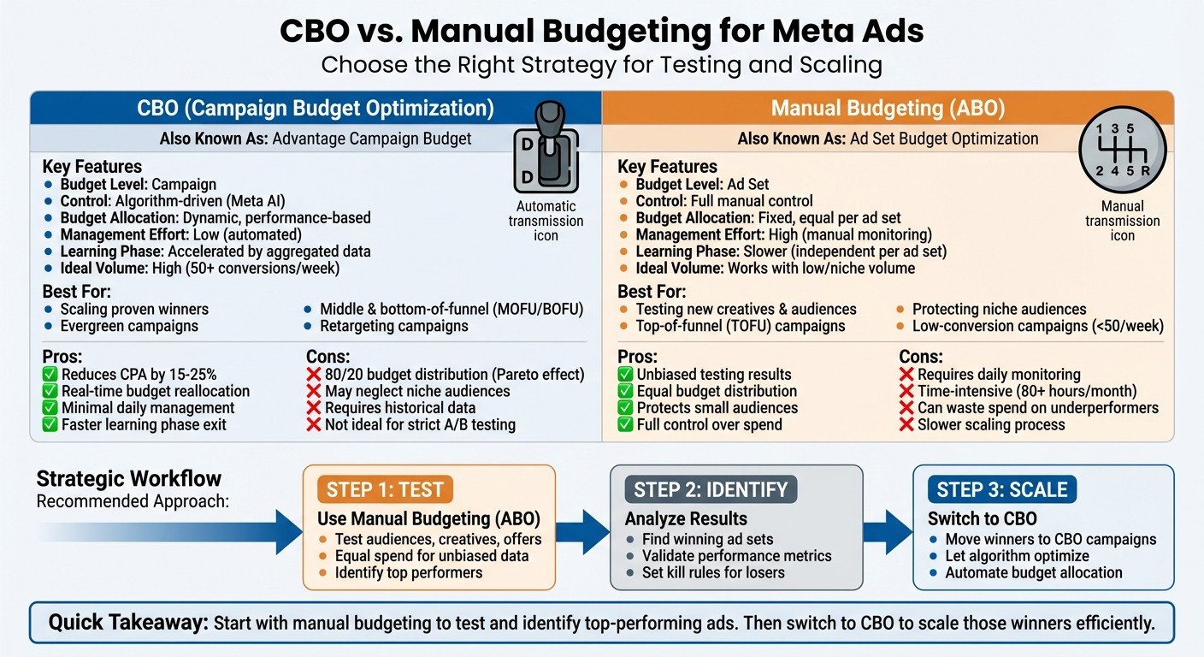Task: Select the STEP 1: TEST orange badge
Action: coord(385,490)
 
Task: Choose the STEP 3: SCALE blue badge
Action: coord(1002,490)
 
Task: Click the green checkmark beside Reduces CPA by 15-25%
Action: coord(50,375)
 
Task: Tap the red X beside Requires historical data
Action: coord(314,408)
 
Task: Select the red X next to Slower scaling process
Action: coord(906,424)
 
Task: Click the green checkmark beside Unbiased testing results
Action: coord(625,375)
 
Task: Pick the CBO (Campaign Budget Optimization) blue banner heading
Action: coord(316,109)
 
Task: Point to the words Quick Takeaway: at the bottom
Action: coord(128,623)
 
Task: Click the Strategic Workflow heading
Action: coord(128,479)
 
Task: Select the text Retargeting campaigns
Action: coord(394,326)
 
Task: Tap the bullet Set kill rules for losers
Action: coord(713,572)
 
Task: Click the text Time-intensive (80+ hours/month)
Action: coord(1027,391)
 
